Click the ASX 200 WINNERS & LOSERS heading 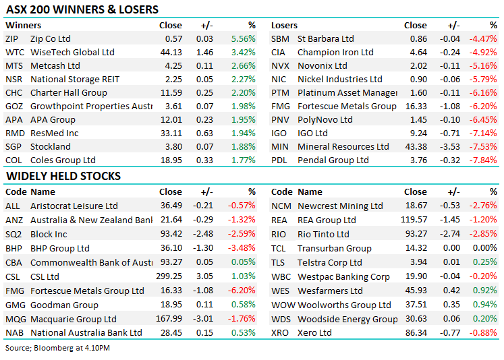82,9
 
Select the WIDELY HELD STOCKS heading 63,176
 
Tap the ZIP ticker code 12,39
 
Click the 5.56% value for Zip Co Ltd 243,39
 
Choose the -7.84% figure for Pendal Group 484,160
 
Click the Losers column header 284,26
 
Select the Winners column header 23,26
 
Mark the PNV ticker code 280,120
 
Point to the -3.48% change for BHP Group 243,249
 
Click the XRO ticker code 280,333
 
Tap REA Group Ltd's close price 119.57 413,220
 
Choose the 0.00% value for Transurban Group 484,249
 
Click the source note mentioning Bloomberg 57,348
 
